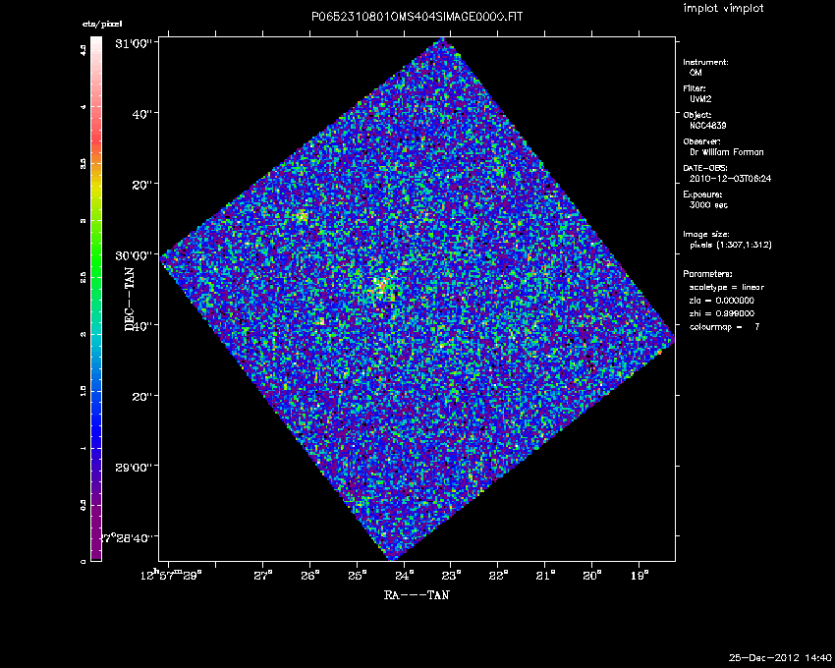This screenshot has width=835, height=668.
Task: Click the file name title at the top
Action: click(x=417, y=18)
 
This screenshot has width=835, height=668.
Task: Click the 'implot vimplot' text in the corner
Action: click(x=723, y=9)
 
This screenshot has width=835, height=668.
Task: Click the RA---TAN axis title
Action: click(x=417, y=594)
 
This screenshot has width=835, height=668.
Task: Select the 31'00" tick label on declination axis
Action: click(x=137, y=43)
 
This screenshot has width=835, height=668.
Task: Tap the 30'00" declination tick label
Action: click(x=137, y=254)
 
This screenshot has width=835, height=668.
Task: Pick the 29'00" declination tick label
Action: click(x=137, y=467)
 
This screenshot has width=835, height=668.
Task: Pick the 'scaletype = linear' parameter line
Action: click(x=727, y=287)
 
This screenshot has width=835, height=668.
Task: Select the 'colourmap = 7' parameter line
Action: click(x=725, y=325)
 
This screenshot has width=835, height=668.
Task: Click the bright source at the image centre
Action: click(x=379, y=286)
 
